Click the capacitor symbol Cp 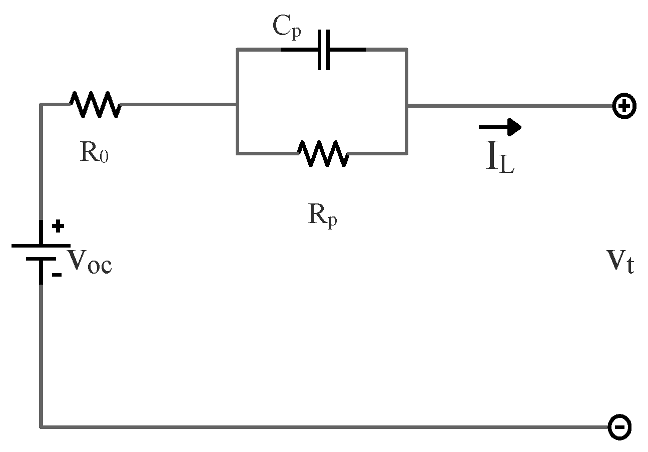pyautogui.click(x=324, y=50)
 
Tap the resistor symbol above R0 pyautogui.click(x=95, y=104)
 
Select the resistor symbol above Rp pyautogui.click(x=324, y=153)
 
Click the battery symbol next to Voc pyautogui.click(x=41, y=252)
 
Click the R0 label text pyautogui.click(x=94, y=153)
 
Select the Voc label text pyautogui.click(x=90, y=262)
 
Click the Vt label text pyautogui.click(x=620, y=262)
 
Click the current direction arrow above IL pyautogui.click(x=500, y=127)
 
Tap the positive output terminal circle pyautogui.click(x=624, y=107)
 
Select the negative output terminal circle pyautogui.click(x=619, y=426)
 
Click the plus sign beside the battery pyautogui.click(x=58, y=227)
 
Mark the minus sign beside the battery pyautogui.click(x=57, y=275)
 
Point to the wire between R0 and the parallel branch pyautogui.click(x=178, y=105)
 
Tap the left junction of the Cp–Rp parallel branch pyautogui.click(x=237, y=105)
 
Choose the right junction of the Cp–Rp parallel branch pyautogui.click(x=406, y=105)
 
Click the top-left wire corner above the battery pyautogui.click(x=41, y=105)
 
